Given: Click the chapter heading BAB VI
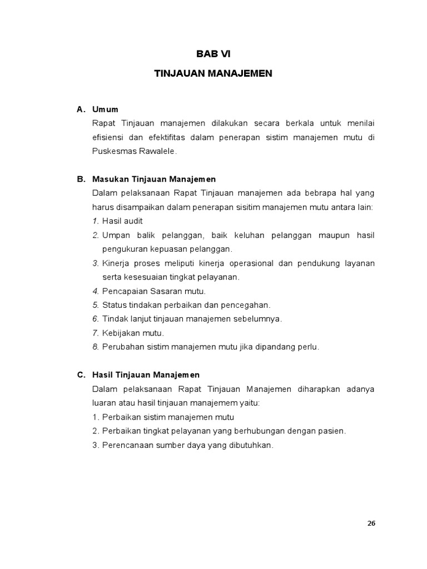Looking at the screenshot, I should click(213, 54).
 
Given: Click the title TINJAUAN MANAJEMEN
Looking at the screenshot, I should click(213, 73).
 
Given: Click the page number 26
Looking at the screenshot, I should click(371, 523).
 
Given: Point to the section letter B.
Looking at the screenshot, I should click(80, 179).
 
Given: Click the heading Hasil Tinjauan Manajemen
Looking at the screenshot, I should click(146, 375).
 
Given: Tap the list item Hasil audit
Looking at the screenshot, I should click(122, 221).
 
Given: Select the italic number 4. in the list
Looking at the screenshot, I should click(96, 291).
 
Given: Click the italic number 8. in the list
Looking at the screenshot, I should click(96, 347).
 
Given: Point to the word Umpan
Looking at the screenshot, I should click(115, 235).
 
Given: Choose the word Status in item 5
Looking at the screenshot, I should click(114, 305).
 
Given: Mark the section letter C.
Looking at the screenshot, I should click(80, 375).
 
